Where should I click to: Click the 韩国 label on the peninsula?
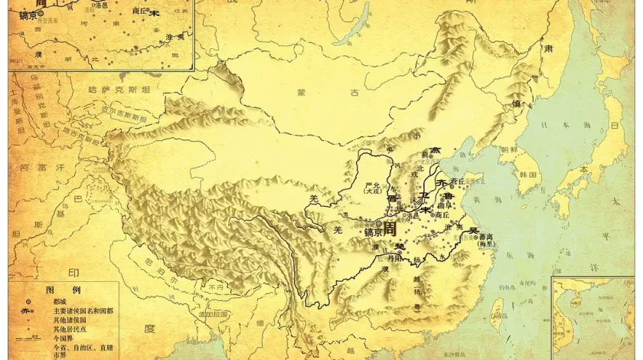click(x=527, y=175)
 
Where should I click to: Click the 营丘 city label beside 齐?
click(x=457, y=181)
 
